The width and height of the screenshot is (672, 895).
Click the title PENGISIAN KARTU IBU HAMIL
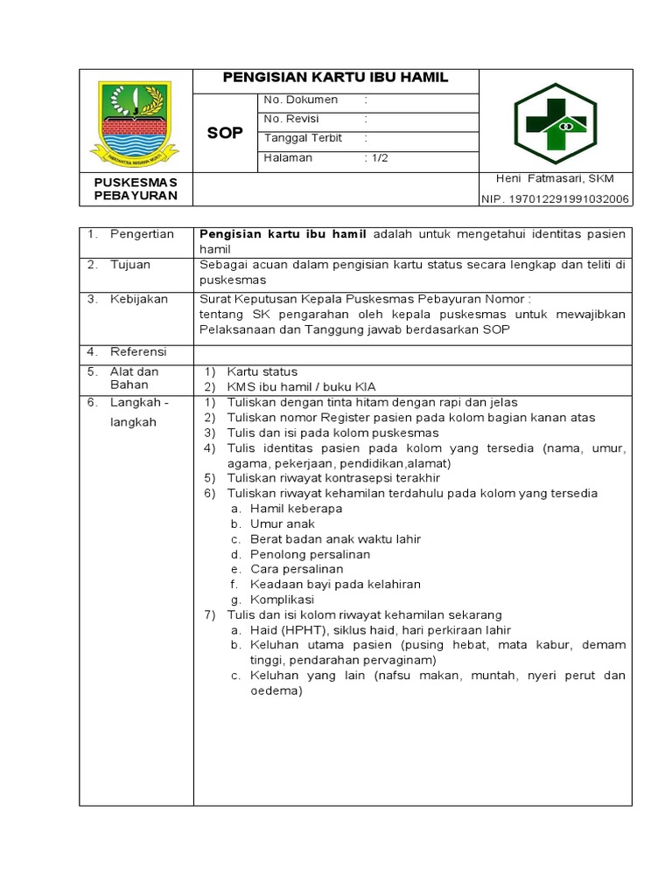point(335,78)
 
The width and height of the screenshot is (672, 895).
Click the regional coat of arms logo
point(136,121)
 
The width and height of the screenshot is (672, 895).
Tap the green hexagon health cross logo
point(555,124)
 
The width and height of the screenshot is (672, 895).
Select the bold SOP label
point(225,133)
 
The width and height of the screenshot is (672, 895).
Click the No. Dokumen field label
point(300,100)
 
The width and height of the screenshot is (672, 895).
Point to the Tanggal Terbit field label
point(303,138)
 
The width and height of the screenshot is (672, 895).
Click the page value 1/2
point(378,157)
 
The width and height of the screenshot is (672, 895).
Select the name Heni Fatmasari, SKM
point(555,178)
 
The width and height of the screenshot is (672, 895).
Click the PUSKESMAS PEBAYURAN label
point(136,188)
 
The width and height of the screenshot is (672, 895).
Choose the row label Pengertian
point(142,234)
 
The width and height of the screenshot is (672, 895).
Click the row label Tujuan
point(130,264)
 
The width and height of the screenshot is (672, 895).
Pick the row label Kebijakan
point(138,299)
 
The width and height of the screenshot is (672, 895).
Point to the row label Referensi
point(137,351)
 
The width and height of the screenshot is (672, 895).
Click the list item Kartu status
point(262,371)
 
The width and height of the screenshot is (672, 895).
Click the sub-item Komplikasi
point(282,600)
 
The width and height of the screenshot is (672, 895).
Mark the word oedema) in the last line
point(276,690)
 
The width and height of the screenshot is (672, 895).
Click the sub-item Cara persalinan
point(296,569)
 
